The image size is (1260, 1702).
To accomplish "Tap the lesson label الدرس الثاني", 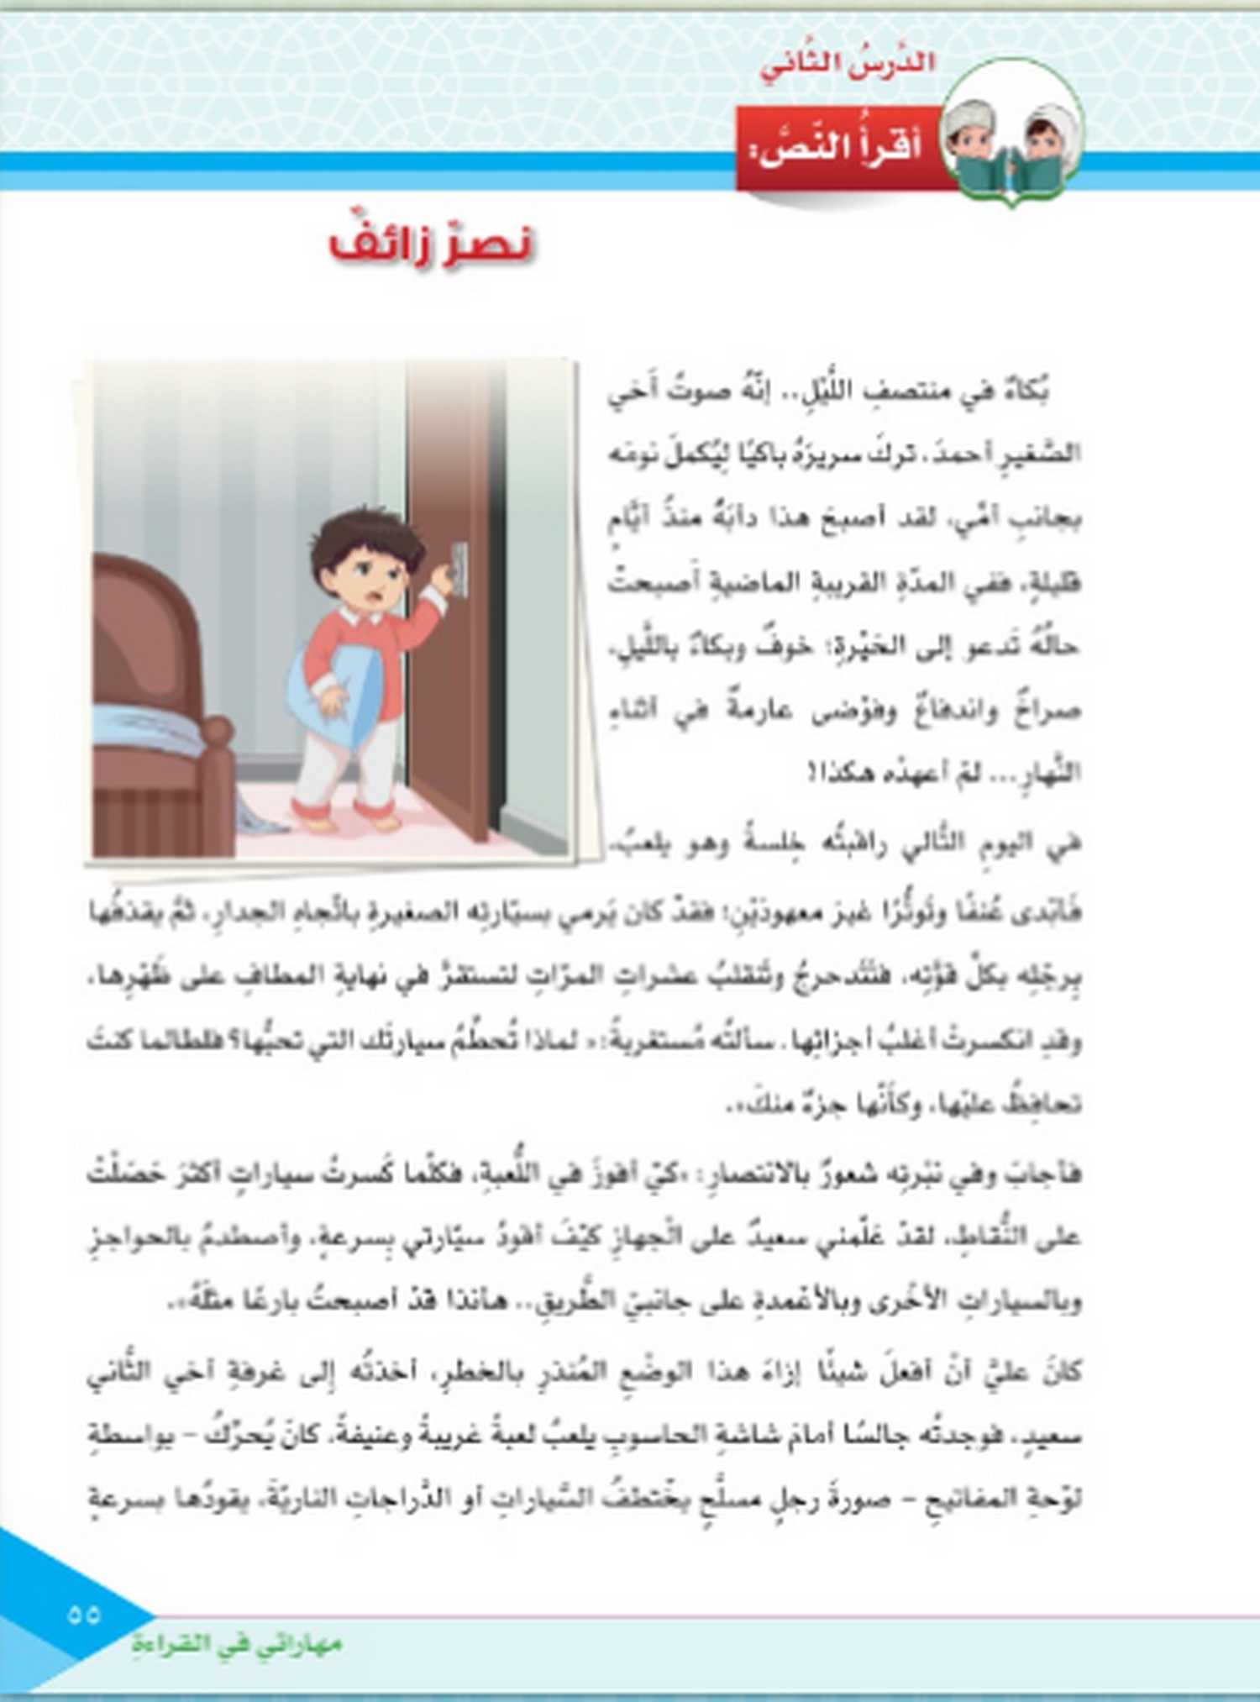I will [847, 64].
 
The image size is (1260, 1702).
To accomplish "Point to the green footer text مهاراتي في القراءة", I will [237, 1643].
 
